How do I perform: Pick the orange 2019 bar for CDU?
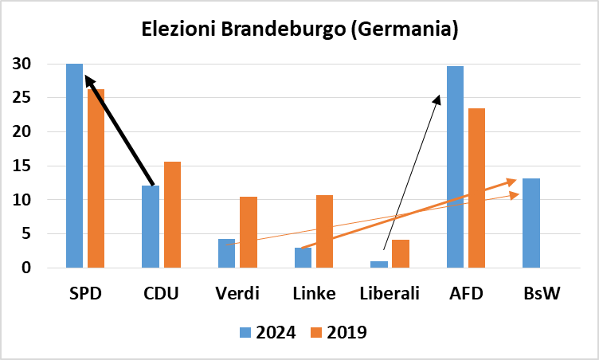171,215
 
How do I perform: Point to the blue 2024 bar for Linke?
303,258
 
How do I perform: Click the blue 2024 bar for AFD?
455,167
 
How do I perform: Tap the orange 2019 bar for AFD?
476,188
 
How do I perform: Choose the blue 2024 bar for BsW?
530,223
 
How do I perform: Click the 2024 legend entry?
266,332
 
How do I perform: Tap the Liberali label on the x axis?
390,294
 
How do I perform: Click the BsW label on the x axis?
542,294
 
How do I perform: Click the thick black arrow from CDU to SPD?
119,130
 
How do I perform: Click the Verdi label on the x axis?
237,294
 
